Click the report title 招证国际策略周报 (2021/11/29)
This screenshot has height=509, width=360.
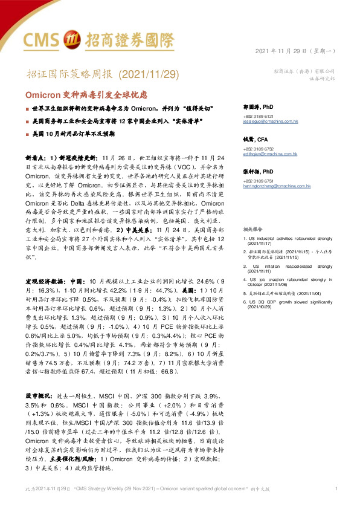click(x=104, y=74)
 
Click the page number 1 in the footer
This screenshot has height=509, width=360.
click(x=336, y=488)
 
